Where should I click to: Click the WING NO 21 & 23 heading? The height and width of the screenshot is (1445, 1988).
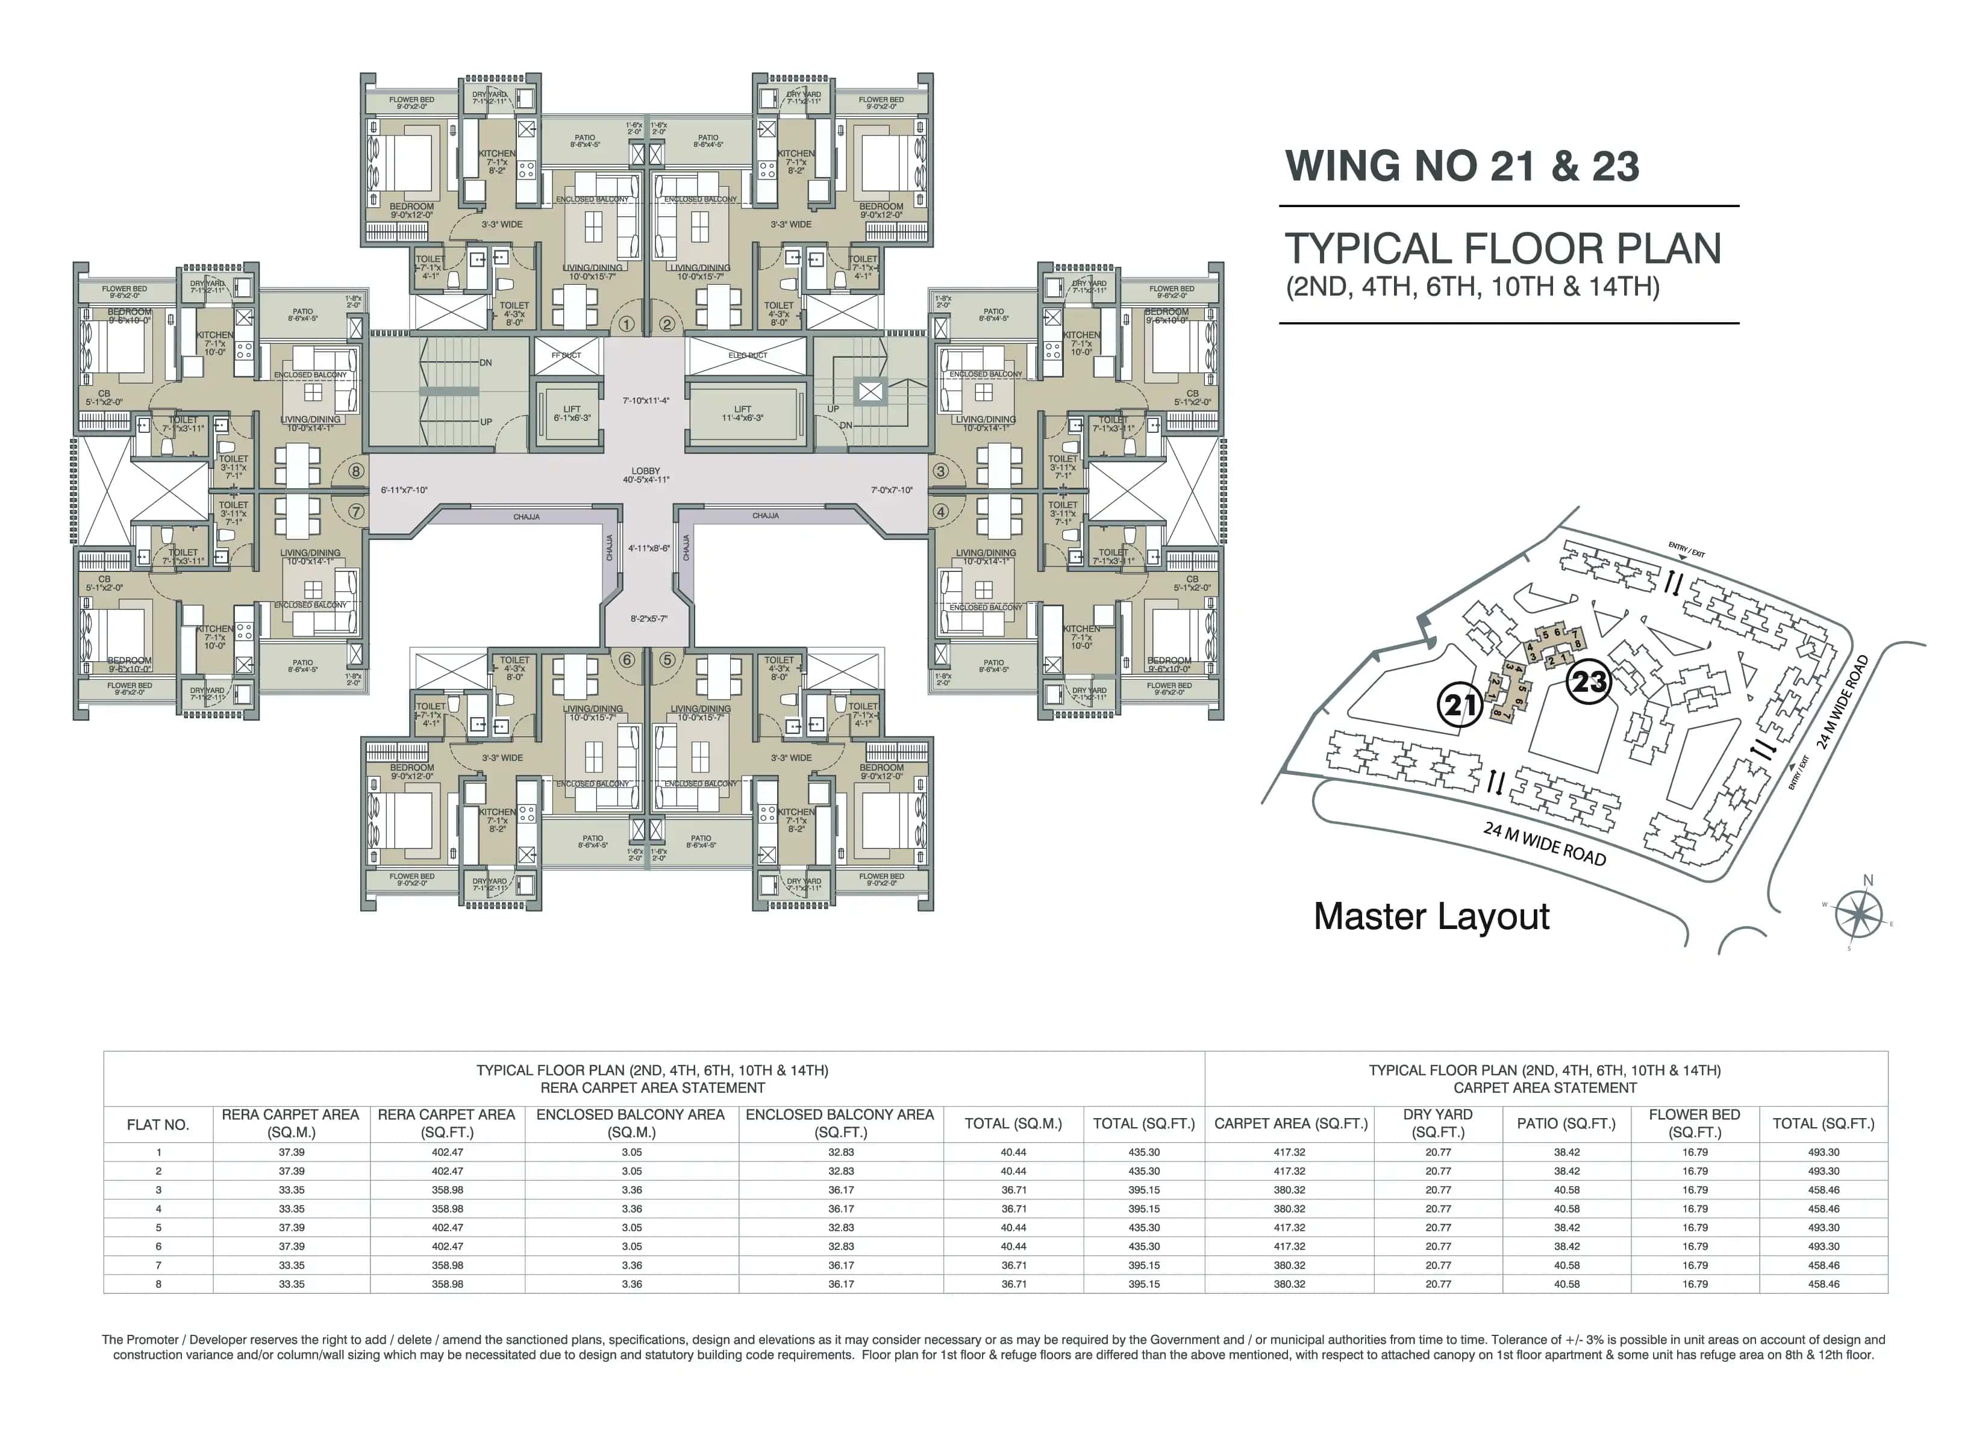pos(1461,167)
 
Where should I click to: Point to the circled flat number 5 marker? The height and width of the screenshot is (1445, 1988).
pos(667,660)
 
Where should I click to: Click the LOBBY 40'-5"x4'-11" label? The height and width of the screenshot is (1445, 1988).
pos(645,475)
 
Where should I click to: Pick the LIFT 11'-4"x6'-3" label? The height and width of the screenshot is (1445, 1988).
pos(742,414)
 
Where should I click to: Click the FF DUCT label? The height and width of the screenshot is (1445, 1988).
pos(566,355)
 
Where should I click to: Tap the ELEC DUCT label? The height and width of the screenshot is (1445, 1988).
pos(748,355)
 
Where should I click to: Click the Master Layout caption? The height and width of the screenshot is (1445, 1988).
pos(1431,916)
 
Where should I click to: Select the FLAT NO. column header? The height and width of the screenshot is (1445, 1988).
pos(158,1124)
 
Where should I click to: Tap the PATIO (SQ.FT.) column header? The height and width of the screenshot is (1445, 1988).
pos(1566,1123)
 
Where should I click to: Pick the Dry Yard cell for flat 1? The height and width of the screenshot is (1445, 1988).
pos(1437,1152)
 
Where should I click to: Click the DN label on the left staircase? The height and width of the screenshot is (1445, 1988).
pos(486,363)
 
